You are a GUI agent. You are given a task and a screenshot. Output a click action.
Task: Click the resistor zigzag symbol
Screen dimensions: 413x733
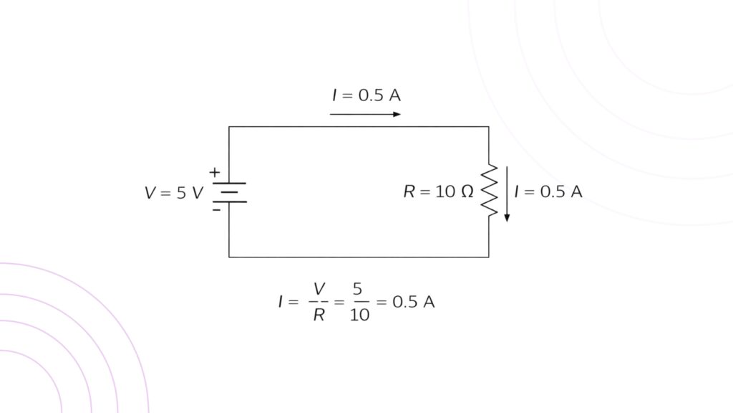tap(489, 191)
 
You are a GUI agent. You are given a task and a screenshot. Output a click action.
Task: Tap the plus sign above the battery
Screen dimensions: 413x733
tap(213, 172)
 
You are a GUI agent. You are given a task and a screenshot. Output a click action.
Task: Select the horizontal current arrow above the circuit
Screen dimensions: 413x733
tap(365, 114)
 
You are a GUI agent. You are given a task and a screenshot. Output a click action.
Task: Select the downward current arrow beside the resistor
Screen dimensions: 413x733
tap(507, 194)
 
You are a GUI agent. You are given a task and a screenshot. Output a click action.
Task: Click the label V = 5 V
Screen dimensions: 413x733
tap(174, 193)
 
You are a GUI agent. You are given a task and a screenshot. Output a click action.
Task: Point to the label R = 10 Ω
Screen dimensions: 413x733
tap(438, 192)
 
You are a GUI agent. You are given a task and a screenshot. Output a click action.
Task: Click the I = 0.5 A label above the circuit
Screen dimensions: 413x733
tap(365, 95)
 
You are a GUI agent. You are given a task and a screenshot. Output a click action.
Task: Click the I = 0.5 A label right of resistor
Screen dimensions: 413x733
tap(548, 192)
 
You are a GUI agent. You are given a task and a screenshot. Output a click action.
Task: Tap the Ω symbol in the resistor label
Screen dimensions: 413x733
tap(467, 192)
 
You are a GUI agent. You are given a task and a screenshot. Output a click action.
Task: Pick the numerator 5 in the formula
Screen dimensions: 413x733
tap(357, 288)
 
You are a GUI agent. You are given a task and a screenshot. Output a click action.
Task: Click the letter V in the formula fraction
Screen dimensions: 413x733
tap(319, 288)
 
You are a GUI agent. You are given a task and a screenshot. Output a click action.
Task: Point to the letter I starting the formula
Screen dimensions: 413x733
tap(281, 302)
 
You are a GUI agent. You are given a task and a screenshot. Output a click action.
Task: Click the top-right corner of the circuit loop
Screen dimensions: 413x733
tap(489, 127)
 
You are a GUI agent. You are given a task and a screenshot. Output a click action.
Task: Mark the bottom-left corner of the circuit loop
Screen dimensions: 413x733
tap(229, 257)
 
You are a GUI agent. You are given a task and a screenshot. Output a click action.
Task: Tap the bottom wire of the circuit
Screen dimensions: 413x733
tap(358, 257)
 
